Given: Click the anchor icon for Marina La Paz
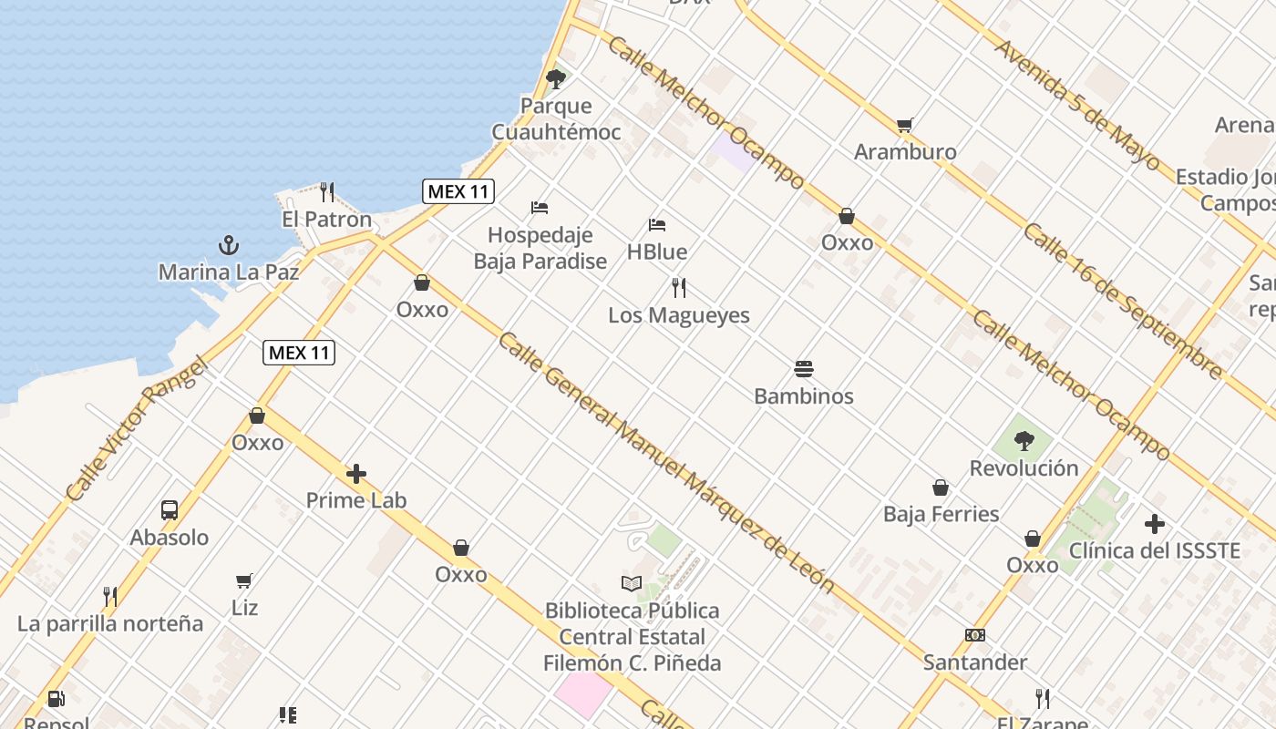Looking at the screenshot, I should (229, 245).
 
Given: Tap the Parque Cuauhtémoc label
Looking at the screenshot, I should (556, 119).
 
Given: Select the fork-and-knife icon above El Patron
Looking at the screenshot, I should (327, 192).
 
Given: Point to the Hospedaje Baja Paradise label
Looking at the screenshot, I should (540, 248).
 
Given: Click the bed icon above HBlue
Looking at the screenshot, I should (657, 225).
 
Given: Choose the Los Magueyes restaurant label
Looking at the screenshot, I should (679, 315).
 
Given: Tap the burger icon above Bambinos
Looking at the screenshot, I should (804, 369).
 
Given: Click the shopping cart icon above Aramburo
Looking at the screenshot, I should (904, 126).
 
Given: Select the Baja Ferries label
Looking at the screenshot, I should (941, 514).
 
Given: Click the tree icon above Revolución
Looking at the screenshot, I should (1024, 441).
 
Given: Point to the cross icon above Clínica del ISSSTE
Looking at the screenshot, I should (1155, 524).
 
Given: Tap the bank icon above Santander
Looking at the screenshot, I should (975, 635).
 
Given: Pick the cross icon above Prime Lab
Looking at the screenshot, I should (356, 474).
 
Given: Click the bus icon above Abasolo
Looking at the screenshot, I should (170, 510).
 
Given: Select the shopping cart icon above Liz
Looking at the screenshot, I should (244, 580).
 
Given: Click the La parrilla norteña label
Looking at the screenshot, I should (110, 624).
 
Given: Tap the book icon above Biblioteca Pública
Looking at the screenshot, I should (632, 583).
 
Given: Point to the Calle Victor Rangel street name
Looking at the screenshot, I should (137, 429).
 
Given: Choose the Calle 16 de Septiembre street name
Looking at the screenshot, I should (1122, 300).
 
